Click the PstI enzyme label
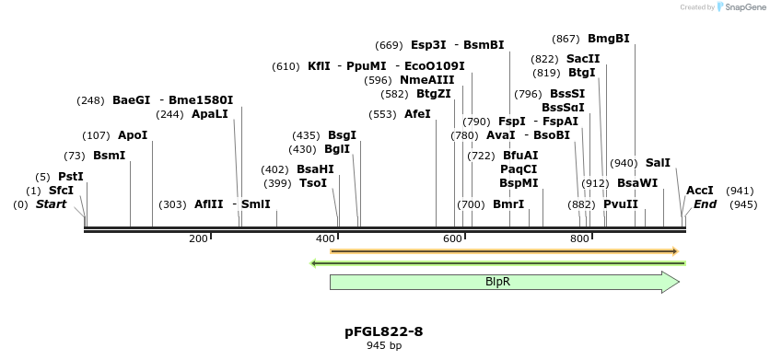pos(71,176)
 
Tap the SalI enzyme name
pos(658,163)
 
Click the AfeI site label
pos(417,114)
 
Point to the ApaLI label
pos(209,114)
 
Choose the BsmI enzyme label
pos(109,156)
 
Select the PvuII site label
pos(621,204)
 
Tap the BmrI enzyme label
pos(508,204)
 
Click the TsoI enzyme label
pos(313,183)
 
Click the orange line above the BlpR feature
pos(503,250)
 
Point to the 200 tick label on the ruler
pos(198,239)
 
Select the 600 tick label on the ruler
pos(452,239)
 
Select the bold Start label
pos(51,204)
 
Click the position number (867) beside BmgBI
pos(566,39)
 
